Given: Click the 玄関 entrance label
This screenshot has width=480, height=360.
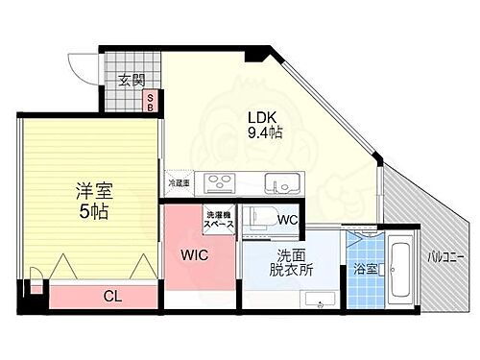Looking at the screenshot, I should click(131, 81).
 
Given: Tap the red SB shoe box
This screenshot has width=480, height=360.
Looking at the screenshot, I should click(150, 102).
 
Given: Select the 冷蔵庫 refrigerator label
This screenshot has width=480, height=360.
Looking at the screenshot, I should click(180, 182).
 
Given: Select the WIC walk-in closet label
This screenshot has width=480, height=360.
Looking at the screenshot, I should click(196, 256).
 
